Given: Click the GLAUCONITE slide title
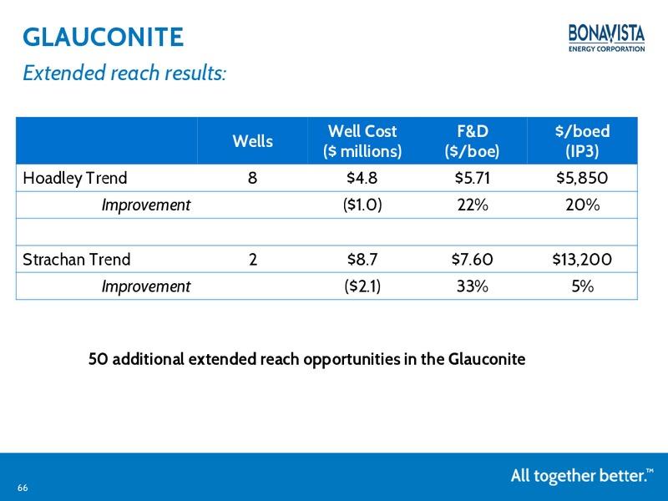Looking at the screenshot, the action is pyautogui.click(x=103, y=37).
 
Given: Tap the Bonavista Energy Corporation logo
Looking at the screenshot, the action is pyautogui.click(x=607, y=38).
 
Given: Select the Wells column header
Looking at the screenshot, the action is pyautogui.click(x=253, y=141).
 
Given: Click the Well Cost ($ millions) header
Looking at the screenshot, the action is pyautogui.click(x=362, y=141).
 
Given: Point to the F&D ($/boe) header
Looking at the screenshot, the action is pyautogui.click(x=472, y=141).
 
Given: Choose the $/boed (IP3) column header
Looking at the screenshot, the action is pyautogui.click(x=582, y=141).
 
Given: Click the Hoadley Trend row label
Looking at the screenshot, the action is pyautogui.click(x=75, y=178).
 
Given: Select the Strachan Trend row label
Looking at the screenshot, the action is pyautogui.click(x=77, y=260).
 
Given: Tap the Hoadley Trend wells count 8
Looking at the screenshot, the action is pyautogui.click(x=253, y=178).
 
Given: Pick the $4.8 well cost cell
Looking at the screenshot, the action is pyautogui.click(x=362, y=178).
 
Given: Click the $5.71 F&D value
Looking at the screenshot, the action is pyautogui.click(x=472, y=178).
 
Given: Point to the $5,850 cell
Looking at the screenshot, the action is pyautogui.click(x=582, y=178).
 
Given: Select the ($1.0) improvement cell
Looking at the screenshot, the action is pyautogui.click(x=362, y=205).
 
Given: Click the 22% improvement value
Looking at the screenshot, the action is pyautogui.click(x=473, y=205).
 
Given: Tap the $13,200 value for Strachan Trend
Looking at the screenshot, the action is pyautogui.click(x=582, y=260).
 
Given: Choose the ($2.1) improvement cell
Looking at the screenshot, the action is pyautogui.click(x=362, y=286).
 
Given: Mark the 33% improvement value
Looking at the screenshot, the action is pyautogui.click(x=473, y=286).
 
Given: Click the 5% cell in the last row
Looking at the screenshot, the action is pyautogui.click(x=582, y=286).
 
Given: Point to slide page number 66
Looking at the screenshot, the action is pyautogui.click(x=23, y=488).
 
